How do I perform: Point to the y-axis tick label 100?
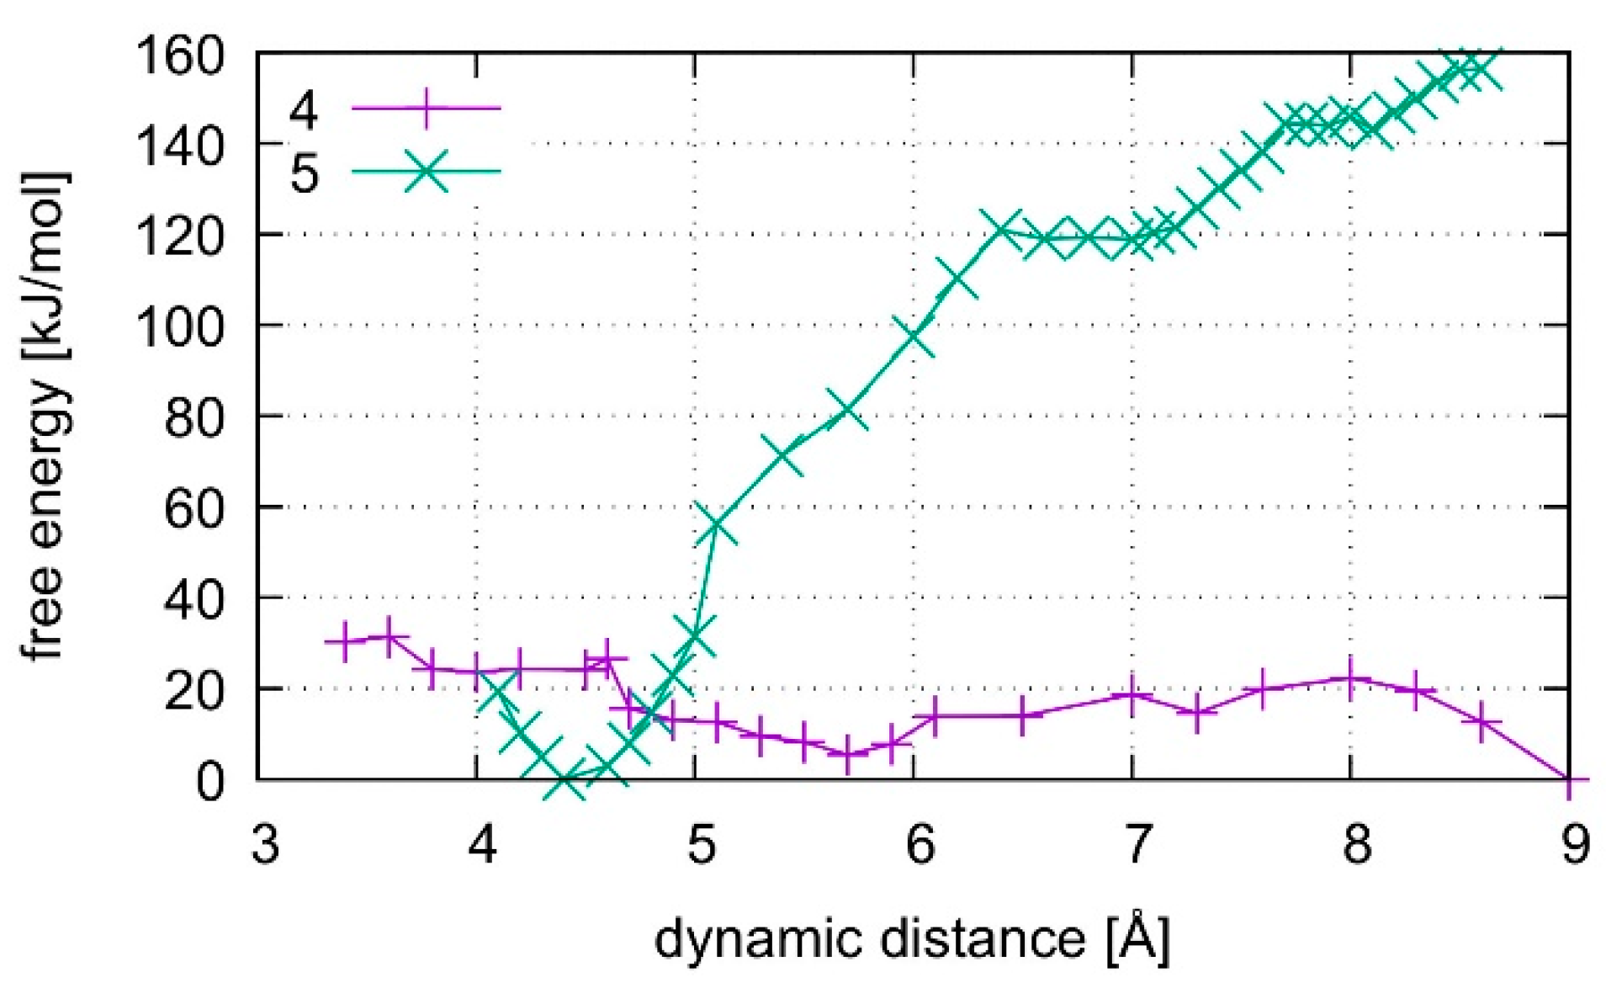click(180, 326)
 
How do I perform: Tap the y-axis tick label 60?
click(193, 507)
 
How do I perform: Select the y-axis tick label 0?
click(210, 781)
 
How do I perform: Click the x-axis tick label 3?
click(265, 844)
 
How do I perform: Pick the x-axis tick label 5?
click(701, 844)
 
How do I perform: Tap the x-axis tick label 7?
click(1137, 844)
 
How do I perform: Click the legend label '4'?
click(304, 110)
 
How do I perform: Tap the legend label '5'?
click(304, 173)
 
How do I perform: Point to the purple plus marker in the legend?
click(427, 108)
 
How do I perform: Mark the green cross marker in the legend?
click(427, 172)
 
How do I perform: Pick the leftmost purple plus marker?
click(344, 642)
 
